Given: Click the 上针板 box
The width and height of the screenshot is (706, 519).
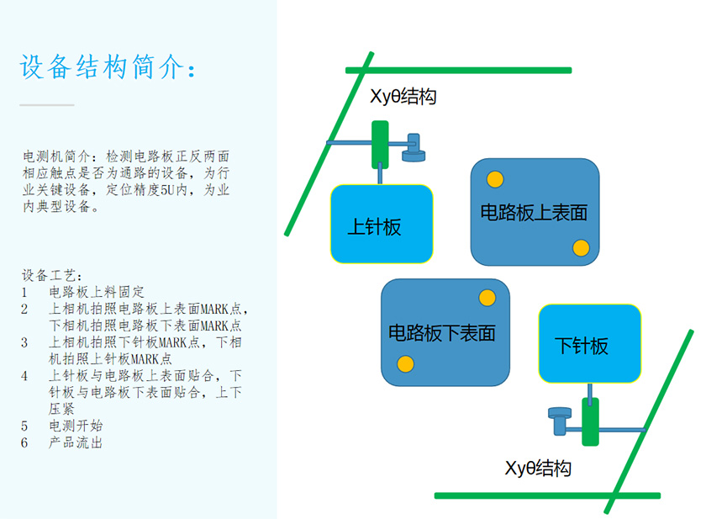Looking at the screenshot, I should pos(382,224).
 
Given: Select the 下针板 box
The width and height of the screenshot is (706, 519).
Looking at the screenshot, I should pos(589,343).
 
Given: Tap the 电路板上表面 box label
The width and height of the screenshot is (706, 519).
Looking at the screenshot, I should pos(534,212).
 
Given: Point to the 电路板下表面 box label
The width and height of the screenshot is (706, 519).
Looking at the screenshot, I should pos(442,333).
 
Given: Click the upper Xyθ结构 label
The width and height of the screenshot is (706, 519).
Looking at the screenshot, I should pos(403,97).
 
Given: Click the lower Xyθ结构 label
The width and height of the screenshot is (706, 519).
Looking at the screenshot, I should pos(538,468).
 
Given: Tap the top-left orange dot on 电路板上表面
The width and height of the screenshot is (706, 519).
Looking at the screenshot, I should pos(495,179).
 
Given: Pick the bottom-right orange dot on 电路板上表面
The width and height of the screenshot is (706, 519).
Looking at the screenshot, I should pos(581,247).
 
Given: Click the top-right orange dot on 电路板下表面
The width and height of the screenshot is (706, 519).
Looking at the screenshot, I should pos(487,298).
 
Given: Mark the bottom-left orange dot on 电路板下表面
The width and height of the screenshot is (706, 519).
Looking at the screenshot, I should pos(405,364).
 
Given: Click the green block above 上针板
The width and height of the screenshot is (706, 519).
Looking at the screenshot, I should pos(380,145).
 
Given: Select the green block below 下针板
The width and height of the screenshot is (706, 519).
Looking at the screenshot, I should pos(590,421).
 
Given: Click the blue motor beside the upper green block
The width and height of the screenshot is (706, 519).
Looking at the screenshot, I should pos(414,148).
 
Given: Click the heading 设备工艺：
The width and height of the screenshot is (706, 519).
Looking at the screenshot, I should pos(53,276).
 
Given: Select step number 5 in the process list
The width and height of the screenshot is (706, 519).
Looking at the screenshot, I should pos(25,426).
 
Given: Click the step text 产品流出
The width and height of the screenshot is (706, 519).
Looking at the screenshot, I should pos(76,442).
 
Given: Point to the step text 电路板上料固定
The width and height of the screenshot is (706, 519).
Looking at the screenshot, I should pos(97,292).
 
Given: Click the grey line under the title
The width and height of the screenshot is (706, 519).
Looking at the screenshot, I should pos(47,105).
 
